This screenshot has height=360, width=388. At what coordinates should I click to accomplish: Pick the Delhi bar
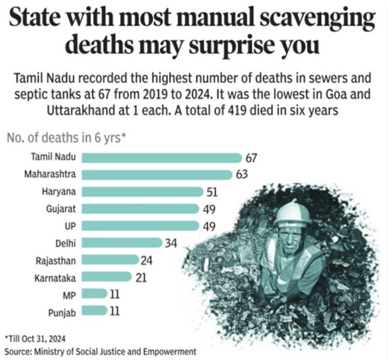click(x=121, y=242)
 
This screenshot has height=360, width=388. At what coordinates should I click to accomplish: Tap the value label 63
click(x=242, y=175)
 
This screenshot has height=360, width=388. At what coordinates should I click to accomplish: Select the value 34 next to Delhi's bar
click(x=171, y=243)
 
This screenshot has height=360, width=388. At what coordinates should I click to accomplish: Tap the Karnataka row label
click(x=55, y=278)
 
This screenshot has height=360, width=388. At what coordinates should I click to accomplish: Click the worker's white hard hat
click(x=292, y=213)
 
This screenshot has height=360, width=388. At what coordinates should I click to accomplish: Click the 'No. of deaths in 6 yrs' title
click(x=66, y=138)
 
